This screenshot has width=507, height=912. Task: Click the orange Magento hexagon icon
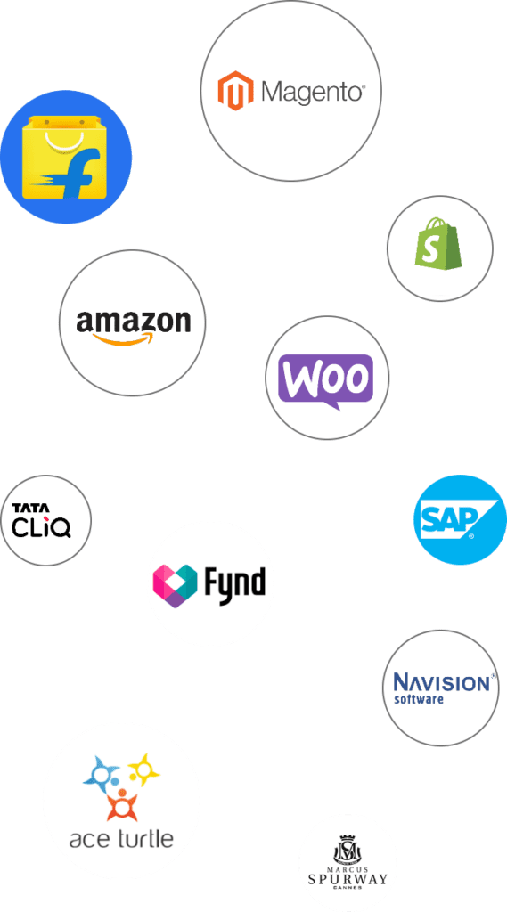236,91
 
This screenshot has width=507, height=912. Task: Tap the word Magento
313,93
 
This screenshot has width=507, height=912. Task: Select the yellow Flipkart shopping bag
65,157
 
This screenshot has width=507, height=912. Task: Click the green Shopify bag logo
438,243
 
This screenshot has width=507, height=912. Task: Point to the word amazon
134,322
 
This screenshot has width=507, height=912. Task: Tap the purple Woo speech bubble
325,381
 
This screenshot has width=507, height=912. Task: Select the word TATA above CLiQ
31,508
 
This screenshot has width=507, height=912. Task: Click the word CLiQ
41,526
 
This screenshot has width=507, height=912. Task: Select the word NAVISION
442,682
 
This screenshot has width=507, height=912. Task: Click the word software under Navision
419,698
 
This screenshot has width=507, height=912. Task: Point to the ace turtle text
121,839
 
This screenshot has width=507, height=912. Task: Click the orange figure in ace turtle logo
122,804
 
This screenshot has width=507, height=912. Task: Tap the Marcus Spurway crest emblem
347,850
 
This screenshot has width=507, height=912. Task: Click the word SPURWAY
348,879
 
